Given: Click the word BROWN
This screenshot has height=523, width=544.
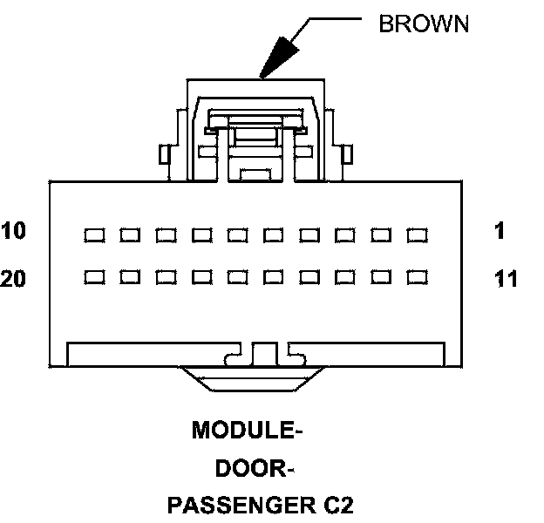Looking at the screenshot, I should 423,24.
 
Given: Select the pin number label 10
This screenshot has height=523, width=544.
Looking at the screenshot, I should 14,232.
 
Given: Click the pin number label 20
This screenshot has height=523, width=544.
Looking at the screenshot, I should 14,280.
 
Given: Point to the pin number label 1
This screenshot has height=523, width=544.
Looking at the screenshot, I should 500,232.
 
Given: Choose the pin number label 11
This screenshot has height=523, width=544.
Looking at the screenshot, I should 505,280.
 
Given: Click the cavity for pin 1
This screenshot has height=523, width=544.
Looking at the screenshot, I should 418,234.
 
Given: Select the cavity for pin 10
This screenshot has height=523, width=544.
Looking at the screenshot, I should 95,234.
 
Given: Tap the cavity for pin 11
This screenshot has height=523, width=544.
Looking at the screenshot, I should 418,277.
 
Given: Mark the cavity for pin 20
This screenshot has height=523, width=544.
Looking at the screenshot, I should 95,277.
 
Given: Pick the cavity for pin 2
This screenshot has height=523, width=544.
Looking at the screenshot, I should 382,234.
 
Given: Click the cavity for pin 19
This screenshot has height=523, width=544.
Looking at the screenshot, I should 131,277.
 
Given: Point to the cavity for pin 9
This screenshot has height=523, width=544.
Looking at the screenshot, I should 131,234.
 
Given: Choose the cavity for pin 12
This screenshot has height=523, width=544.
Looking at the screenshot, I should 382,277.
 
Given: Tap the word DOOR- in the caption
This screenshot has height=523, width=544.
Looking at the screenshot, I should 253,468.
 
